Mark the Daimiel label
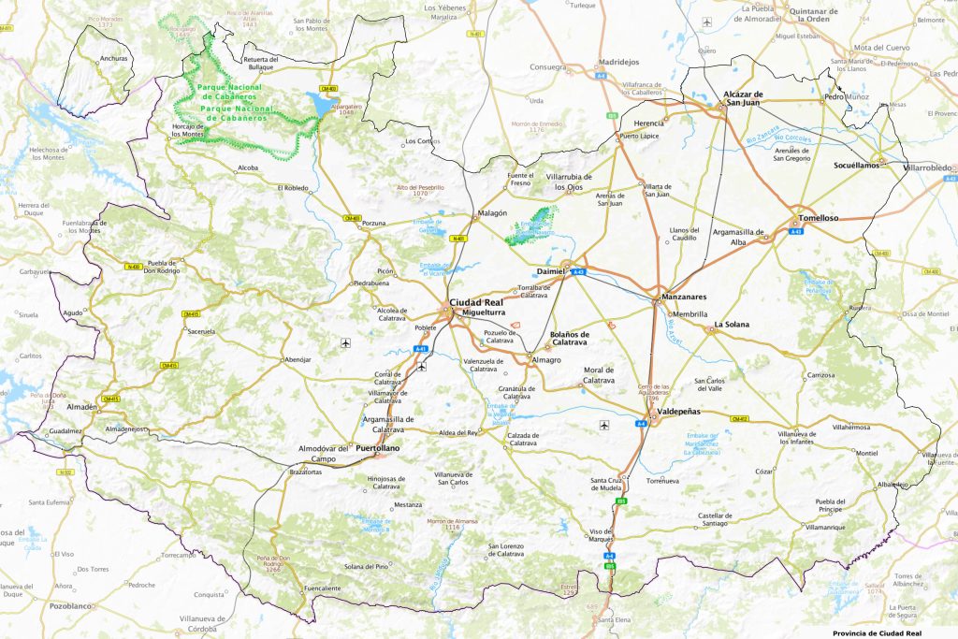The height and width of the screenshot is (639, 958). pyautogui.click(x=551, y=270)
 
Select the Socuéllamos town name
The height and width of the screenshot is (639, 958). pyautogui.click(x=857, y=165)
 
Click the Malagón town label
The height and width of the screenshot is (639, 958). pyautogui.click(x=492, y=213)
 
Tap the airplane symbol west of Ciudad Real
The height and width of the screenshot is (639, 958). pyautogui.click(x=346, y=342)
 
